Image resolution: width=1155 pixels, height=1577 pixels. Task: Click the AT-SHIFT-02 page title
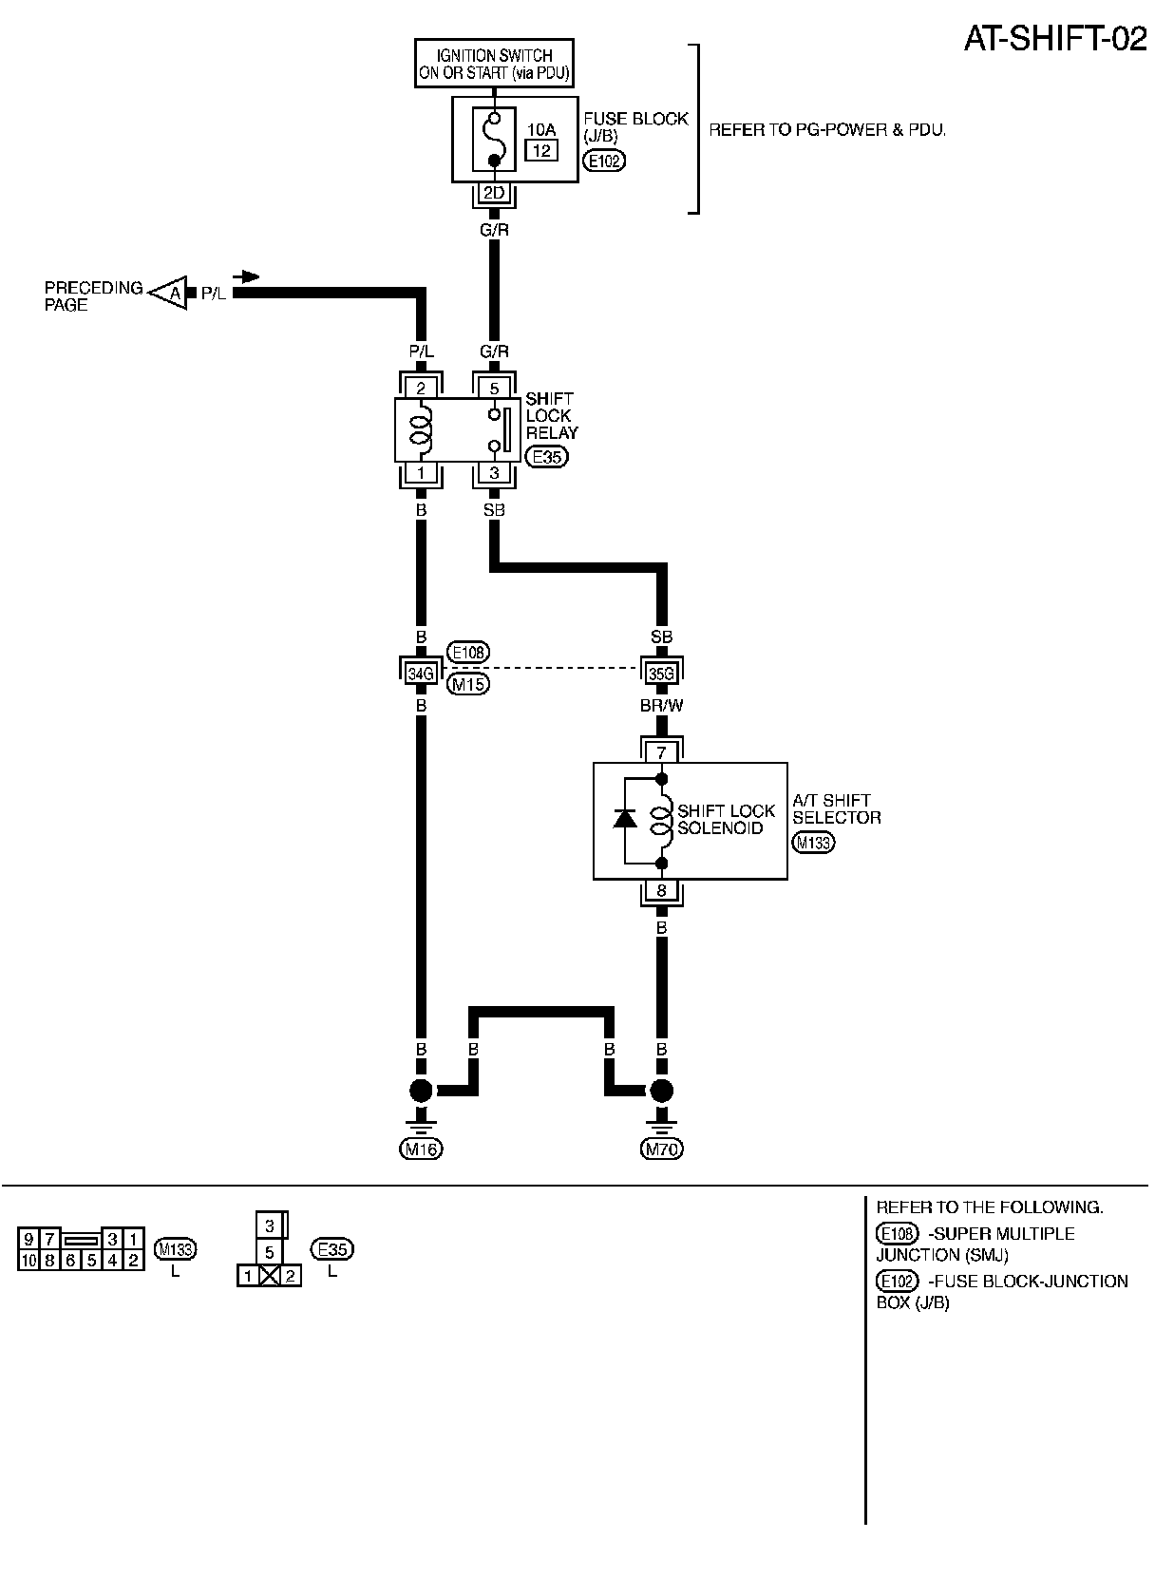(x=1055, y=38)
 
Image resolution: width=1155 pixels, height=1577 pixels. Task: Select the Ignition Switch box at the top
(x=495, y=64)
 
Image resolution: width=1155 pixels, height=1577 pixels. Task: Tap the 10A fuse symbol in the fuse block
(x=494, y=139)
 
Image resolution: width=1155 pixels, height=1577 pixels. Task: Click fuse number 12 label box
(x=541, y=150)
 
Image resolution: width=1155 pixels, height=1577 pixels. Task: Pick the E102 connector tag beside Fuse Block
(x=603, y=161)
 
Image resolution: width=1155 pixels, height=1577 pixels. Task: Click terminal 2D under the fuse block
(x=494, y=194)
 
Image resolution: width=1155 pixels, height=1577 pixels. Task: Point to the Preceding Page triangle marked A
(x=171, y=294)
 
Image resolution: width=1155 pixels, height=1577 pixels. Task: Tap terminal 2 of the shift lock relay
(x=421, y=388)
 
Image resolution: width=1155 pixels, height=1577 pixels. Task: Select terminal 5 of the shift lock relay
(x=494, y=388)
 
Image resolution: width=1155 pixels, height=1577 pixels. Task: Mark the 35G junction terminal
(x=662, y=674)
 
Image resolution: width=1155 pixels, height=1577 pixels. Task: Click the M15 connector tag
(x=468, y=684)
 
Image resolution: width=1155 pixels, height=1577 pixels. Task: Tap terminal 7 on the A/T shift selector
(x=662, y=752)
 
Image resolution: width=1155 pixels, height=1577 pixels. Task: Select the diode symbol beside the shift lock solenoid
(x=624, y=818)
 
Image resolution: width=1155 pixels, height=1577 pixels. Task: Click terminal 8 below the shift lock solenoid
(x=662, y=891)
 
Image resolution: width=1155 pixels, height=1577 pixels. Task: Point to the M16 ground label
(x=421, y=1149)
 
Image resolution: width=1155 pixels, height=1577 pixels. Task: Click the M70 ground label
(x=662, y=1149)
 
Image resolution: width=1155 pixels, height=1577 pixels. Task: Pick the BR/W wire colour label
(x=662, y=706)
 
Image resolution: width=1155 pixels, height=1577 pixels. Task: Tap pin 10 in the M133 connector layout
(x=28, y=1261)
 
